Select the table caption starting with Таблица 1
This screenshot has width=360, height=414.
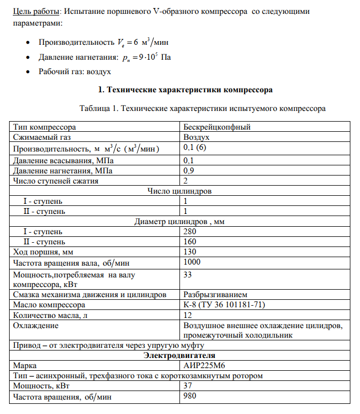pos(202,108)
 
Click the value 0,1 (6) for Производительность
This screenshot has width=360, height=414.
pos(194,147)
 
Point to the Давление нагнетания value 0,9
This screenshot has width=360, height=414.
pos(189,171)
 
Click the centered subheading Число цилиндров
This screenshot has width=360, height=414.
pos(179,191)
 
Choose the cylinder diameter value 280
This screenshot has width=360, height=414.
pos(190,232)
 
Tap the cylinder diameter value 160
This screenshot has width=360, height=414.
pos(190,242)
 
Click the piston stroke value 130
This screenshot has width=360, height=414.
pos(190,252)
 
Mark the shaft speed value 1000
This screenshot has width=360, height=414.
pos(192,262)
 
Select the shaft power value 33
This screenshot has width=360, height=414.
pos(187,275)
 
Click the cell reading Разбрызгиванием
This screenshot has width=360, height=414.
pos(215,294)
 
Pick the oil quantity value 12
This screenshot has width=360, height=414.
pos(187,315)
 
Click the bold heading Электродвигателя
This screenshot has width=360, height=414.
pos(179,355)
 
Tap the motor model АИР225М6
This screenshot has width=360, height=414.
pos(205,365)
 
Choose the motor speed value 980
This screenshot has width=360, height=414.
pos(190,396)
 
